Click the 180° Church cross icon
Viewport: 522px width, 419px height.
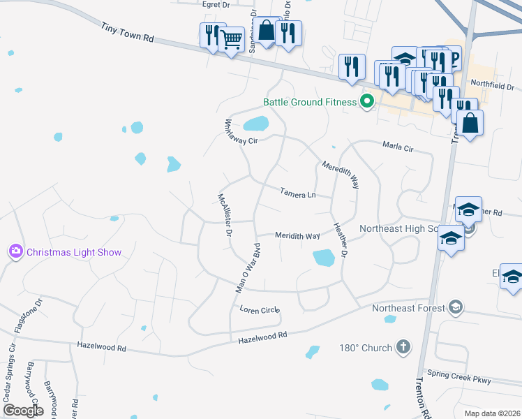point(403,347)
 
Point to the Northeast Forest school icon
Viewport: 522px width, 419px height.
point(455,307)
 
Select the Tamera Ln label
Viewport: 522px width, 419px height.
point(298,192)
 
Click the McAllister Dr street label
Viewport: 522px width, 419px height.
point(225,215)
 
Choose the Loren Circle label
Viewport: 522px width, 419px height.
point(259,309)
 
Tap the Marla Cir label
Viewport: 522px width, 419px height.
point(398,147)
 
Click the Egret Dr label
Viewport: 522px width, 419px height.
point(216,5)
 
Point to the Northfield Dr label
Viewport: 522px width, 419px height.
point(492,86)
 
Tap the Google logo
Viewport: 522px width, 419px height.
point(23,410)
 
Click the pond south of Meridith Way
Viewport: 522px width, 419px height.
point(324,258)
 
